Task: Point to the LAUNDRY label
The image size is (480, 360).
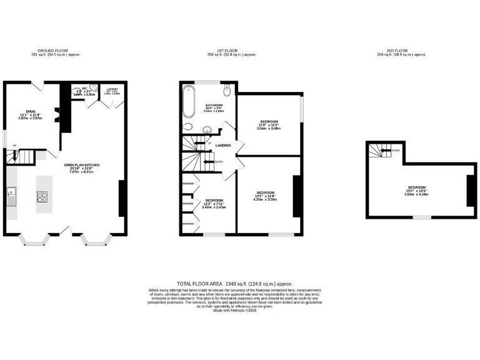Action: coord(112,89)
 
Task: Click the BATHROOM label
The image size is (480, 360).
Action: coord(215,105)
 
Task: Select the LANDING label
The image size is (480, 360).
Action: coord(223,146)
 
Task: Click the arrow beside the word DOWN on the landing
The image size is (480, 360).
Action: coord(208,162)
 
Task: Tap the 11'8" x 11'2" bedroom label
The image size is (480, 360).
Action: coord(269,121)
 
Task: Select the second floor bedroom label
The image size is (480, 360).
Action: coord(417,187)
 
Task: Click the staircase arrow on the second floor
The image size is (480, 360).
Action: coord(386,151)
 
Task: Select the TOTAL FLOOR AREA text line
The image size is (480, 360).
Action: coord(234,284)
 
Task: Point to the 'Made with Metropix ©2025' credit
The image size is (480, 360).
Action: coord(234,311)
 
